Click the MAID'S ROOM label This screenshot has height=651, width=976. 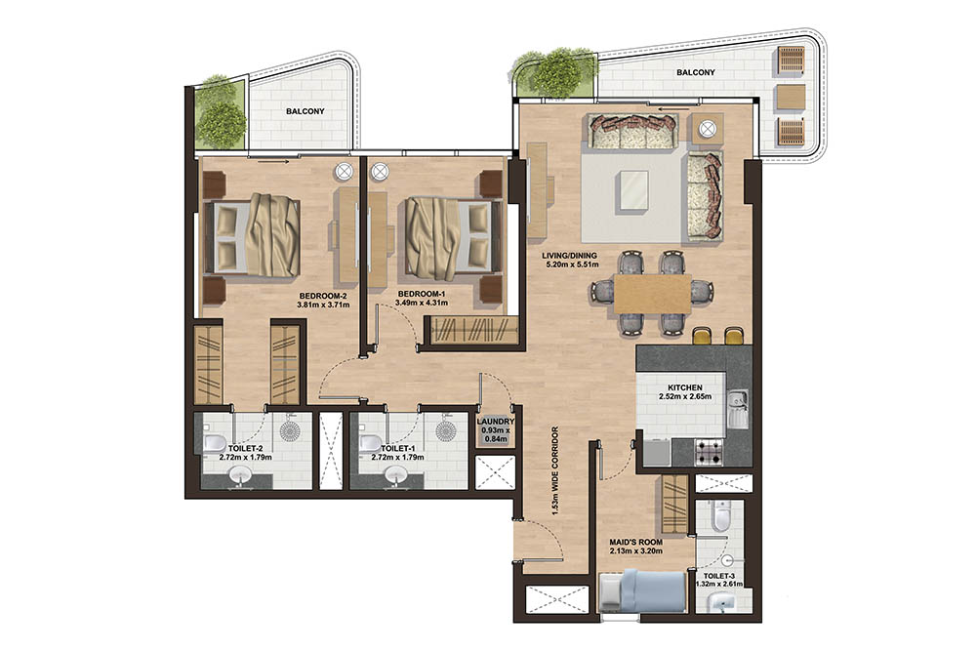[635, 542]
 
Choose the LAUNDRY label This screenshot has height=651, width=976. [495, 422]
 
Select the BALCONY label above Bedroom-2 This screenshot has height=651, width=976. [305, 112]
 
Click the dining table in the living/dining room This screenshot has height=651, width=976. [652, 292]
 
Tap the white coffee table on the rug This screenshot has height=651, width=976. [633, 190]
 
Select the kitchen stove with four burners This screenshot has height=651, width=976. [708, 450]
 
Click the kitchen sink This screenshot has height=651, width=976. [739, 408]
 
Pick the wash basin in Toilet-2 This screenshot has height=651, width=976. [239, 475]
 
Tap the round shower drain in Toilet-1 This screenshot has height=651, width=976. [446, 430]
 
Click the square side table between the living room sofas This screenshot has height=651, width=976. [705, 128]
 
